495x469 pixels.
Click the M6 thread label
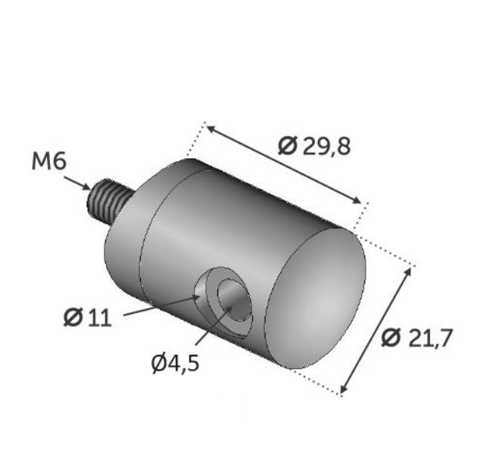point(49,162)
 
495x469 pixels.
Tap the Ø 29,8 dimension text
point(314,146)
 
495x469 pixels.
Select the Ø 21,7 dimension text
point(417,337)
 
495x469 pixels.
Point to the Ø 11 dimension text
point(88,318)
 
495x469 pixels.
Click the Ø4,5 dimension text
point(175,363)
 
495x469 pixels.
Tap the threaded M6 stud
point(108,201)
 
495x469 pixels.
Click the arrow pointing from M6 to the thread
point(77,183)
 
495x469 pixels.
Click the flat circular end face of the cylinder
point(315,298)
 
